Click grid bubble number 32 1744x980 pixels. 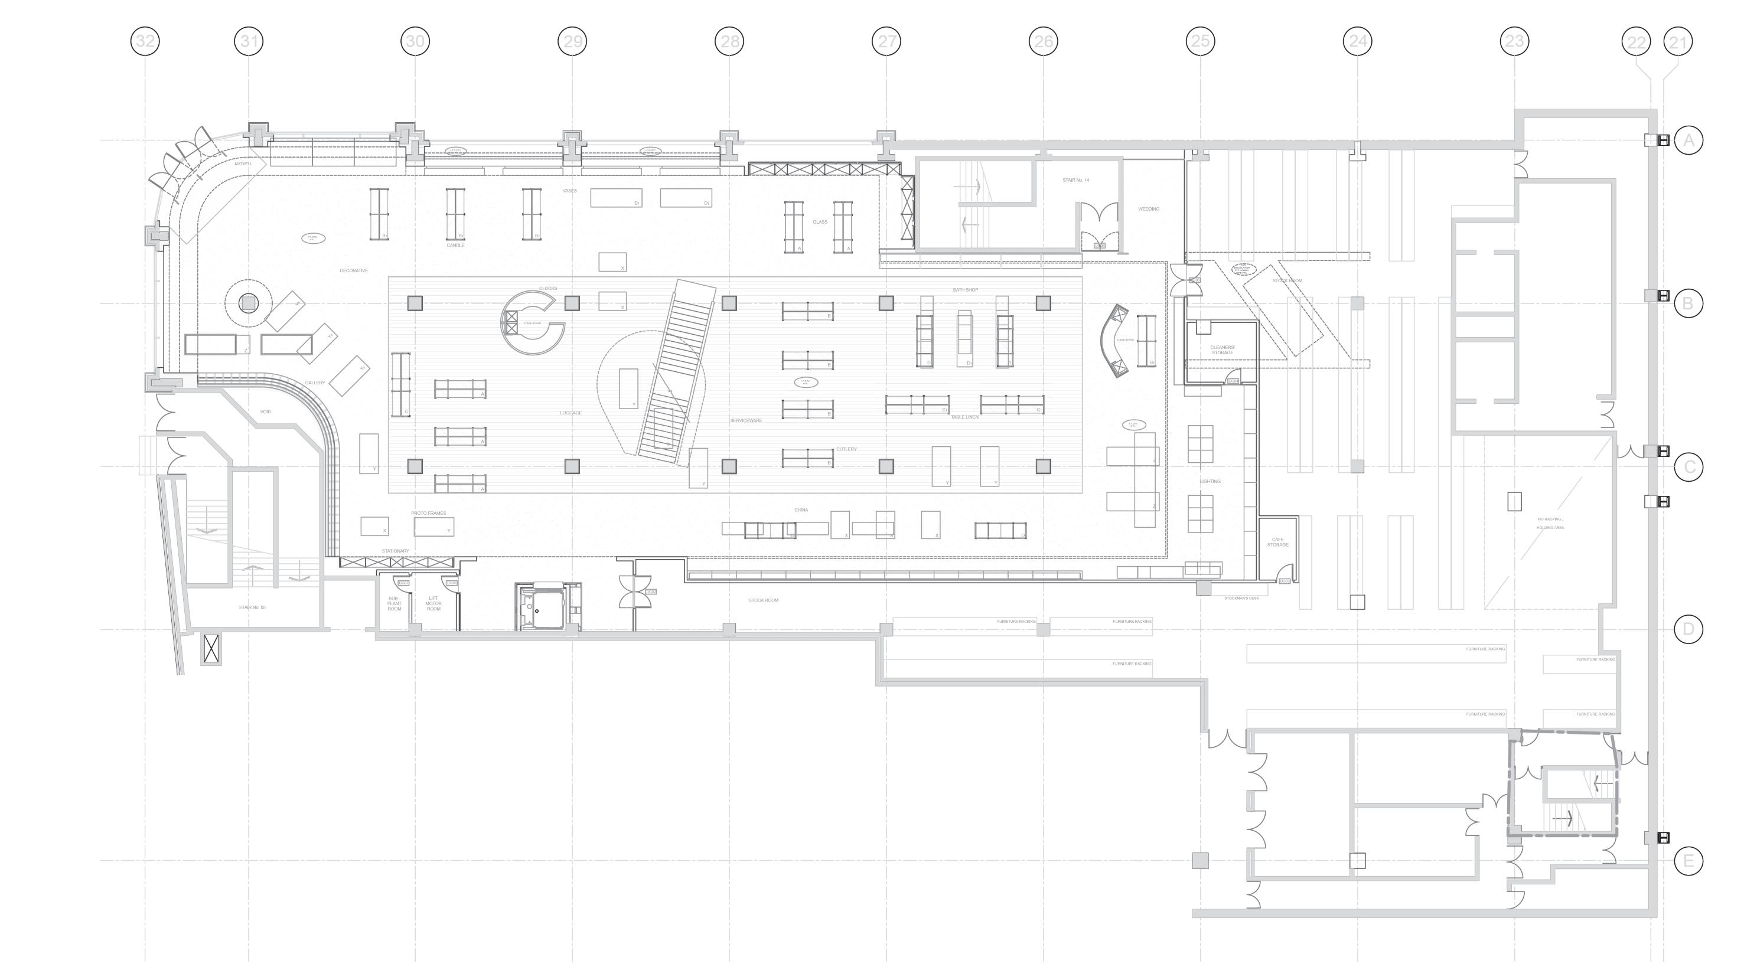[145, 41]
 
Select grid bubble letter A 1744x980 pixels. [1688, 140]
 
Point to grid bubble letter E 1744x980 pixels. [1688, 861]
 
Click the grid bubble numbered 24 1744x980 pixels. [1357, 41]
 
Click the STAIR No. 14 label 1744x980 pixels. [1076, 180]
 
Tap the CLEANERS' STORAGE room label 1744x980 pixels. [1222, 350]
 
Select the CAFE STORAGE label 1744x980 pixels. [1277, 542]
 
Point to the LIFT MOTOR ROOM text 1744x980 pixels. [433, 603]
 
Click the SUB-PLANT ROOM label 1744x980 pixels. [394, 603]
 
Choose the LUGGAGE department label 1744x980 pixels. [571, 413]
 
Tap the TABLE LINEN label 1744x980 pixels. [964, 417]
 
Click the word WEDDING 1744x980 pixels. [1148, 209]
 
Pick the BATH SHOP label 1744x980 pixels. [965, 290]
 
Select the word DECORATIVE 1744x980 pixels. [353, 271]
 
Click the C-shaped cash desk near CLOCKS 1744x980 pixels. [532, 323]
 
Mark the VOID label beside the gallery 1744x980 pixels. [265, 411]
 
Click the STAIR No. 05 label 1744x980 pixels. [252, 607]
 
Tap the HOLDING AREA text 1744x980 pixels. [1550, 527]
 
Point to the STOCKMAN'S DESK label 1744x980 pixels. [1241, 598]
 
